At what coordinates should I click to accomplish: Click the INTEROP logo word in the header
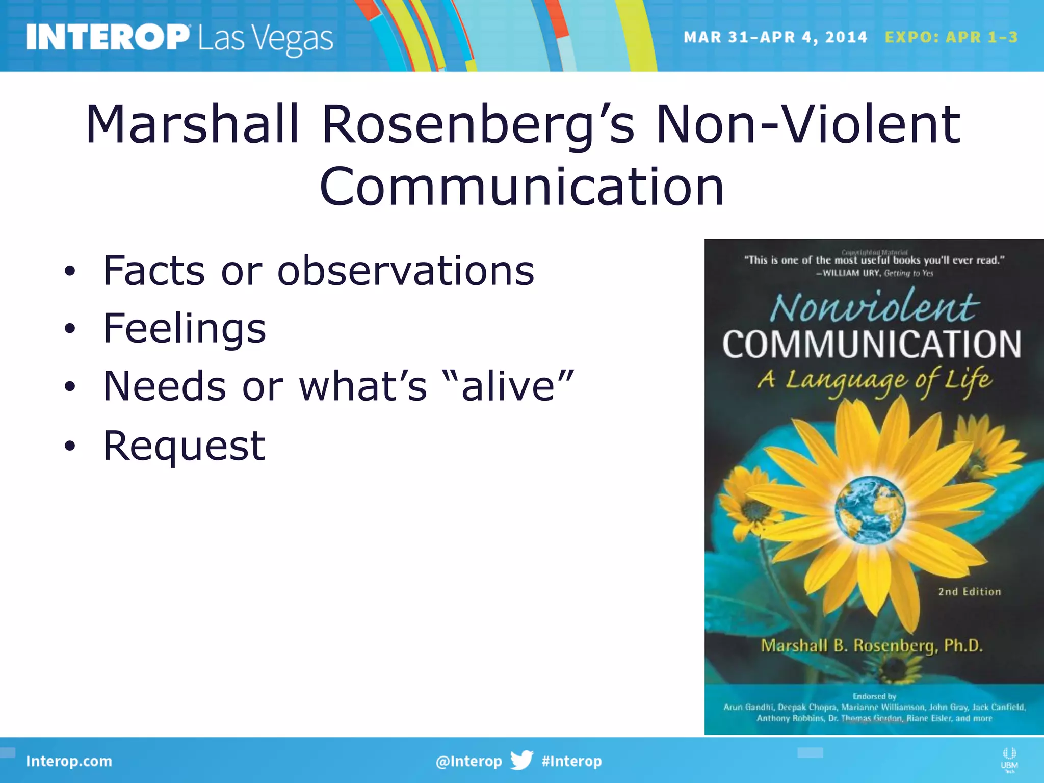point(108,37)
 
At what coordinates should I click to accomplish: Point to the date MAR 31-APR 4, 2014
point(775,37)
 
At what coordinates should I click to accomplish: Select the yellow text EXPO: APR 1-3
point(951,37)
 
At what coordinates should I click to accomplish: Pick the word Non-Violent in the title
point(808,124)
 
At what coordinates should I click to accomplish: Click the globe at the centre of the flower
point(870,510)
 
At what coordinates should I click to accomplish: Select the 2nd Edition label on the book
point(970,592)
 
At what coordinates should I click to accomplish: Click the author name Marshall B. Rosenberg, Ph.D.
point(872,646)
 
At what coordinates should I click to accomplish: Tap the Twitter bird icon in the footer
point(521,760)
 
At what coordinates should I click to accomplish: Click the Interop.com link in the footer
point(69,761)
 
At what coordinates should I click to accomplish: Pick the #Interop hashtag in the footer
point(571,761)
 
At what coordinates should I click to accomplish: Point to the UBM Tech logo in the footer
point(1009,760)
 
